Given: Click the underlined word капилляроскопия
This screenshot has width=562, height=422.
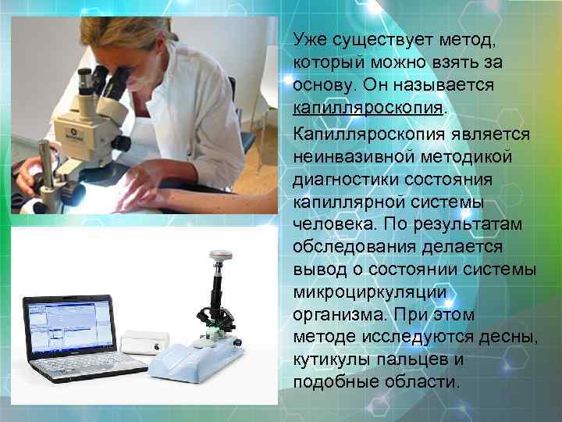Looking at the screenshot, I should (x=368, y=105).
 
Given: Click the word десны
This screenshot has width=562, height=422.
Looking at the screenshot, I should (x=507, y=337).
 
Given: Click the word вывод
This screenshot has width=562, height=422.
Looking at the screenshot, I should (x=318, y=270).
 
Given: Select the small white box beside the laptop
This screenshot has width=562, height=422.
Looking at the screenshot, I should (x=145, y=340).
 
